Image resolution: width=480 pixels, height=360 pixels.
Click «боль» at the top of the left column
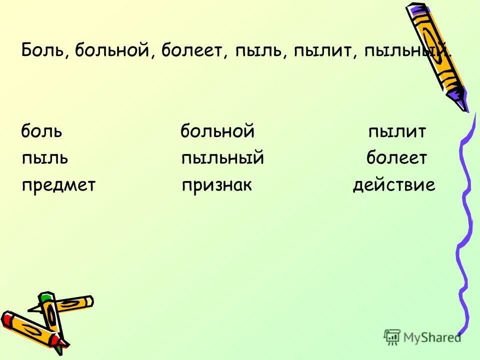click(x=41, y=132)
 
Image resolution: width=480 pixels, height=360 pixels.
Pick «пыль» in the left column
click(x=45, y=158)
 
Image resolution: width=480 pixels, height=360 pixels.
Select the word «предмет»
click(x=58, y=185)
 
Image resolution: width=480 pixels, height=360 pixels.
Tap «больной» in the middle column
click(x=217, y=132)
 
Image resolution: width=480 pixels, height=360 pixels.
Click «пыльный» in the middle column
click(x=222, y=158)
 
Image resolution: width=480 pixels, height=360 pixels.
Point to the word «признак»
click(x=217, y=185)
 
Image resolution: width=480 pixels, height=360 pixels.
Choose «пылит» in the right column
click(x=397, y=132)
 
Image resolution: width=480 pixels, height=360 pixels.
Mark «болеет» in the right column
click(x=396, y=158)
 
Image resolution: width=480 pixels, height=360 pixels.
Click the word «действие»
click(x=394, y=185)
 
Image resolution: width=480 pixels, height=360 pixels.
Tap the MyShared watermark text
click(x=432, y=337)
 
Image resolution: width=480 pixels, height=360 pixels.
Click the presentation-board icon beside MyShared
click(x=392, y=337)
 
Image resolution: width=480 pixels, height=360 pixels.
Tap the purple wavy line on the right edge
click(x=464, y=225)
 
